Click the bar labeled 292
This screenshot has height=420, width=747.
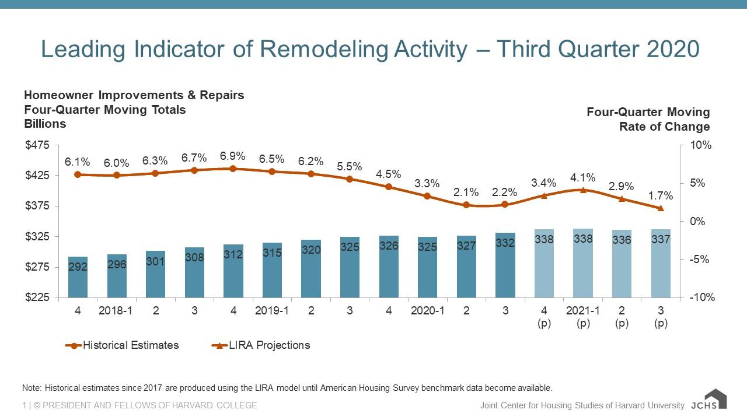(x=78, y=277)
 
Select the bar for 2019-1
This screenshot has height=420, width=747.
(x=272, y=270)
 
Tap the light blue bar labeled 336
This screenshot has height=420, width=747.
(x=622, y=264)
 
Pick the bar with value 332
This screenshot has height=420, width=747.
(x=505, y=265)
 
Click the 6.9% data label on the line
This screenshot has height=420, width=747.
(x=232, y=156)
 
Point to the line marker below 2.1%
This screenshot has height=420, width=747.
(x=466, y=205)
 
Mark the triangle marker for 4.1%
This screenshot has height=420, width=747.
(x=583, y=190)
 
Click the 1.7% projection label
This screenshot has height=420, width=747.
(x=661, y=195)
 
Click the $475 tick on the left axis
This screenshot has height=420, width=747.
(x=37, y=145)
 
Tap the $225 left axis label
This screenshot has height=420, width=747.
(x=37, y=297)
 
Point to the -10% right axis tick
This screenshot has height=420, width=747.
(x=700, y=297)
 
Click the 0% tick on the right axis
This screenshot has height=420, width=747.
(x=699, y=221)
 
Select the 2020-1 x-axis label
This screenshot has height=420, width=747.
(x=428, y=311)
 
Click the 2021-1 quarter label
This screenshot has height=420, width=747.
(x=583, y=311)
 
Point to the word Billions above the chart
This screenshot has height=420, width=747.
(x=45, y=124)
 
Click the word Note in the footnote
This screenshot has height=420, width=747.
(x=30, y=388)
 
